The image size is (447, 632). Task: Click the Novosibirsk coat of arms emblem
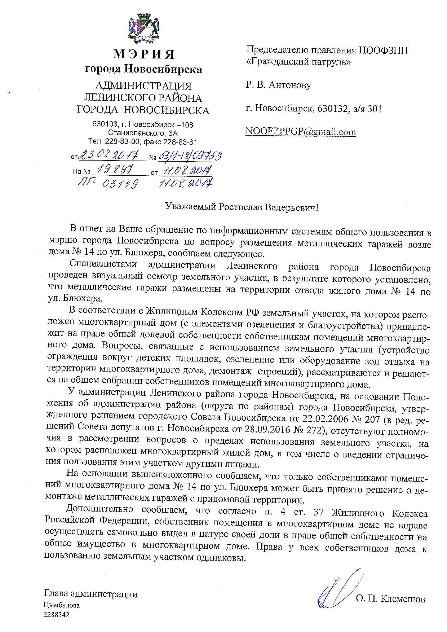[x=144, y=28]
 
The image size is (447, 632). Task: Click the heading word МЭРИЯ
[x=143, y=54]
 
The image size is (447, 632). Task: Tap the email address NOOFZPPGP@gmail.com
[x=301, y=132]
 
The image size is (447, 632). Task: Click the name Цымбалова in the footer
[x=62, y=606]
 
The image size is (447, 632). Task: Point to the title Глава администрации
[x=90, y=594]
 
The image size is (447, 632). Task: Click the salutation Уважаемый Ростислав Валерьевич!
[x=242, y=207]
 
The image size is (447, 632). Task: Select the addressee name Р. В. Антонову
[x=279, y=85]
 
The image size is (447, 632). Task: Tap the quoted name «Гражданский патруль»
[x=298, y=62]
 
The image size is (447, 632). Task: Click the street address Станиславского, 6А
[x=143, y=133]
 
